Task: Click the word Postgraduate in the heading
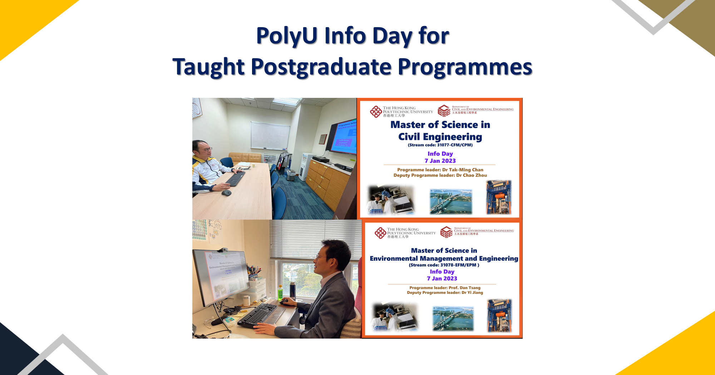point(321,67)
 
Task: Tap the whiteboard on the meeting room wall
point(270,135)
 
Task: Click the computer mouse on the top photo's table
point(226,193)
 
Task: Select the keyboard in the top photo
point(236,178)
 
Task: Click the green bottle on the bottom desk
point(281,292)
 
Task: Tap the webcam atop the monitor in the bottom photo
point(223,250)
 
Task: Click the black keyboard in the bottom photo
point(258,314)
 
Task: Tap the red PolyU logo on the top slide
point(376,112)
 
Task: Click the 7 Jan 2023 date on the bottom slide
point(442,279)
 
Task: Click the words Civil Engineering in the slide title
point(440,137)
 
